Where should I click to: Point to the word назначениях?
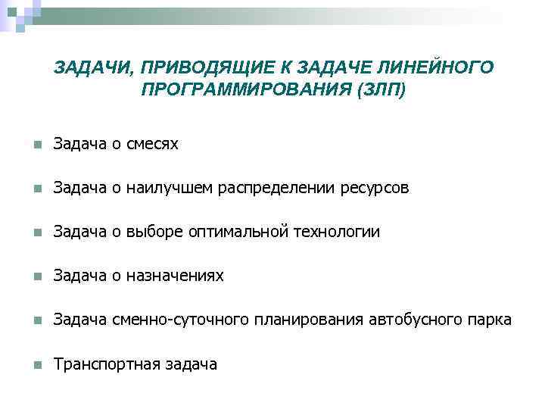[175, 276]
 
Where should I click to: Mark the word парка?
[490, 320]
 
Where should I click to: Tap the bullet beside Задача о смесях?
[28, 144]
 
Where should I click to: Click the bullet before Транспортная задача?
[28, 365]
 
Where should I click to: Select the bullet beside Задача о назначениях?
[28, 276]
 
